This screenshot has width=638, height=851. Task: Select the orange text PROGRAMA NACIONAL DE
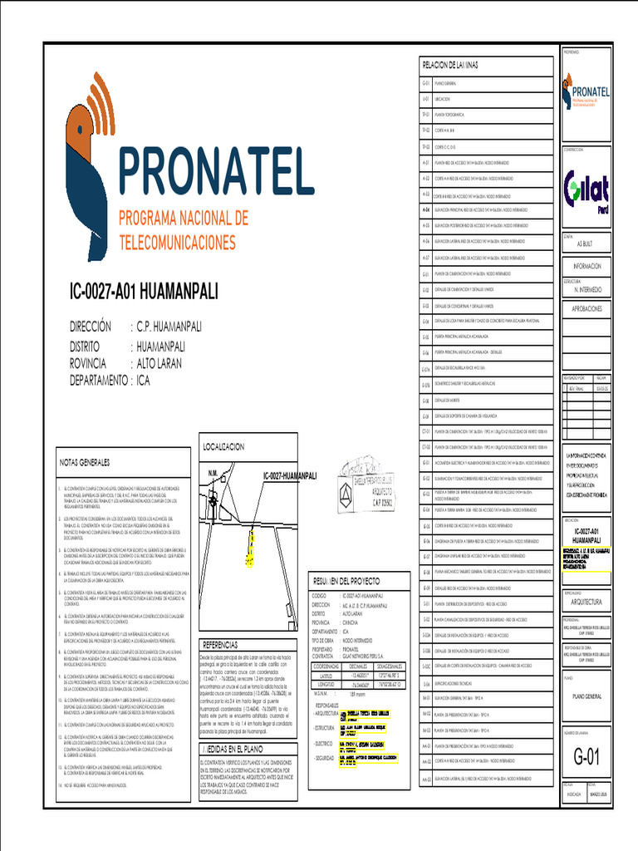click(184, 218)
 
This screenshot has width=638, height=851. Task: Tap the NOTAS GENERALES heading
click(83, 461)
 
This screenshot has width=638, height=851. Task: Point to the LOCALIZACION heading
click(223, 447)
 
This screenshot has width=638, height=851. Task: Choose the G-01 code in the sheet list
click(425, 84)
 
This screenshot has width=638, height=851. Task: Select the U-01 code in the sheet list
click(425, 99)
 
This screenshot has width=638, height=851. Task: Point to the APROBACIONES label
click(587, 308)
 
